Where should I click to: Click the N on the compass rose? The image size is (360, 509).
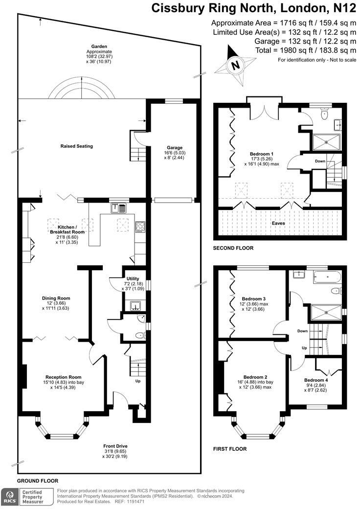pos(235,65)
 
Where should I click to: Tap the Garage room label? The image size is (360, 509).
pos(175,148)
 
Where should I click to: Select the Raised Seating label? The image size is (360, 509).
pos(76,146)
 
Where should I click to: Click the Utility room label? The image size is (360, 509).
pos(133,278)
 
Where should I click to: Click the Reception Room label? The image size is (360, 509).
pos(63,377)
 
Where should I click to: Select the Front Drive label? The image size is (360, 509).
pos(115,446)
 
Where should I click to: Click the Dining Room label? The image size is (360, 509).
pos(56,298)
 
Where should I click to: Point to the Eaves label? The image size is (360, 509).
pos(278,223)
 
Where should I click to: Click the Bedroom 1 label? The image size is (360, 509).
pos(262,154)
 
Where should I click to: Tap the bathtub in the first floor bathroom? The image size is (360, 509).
pos(327,277)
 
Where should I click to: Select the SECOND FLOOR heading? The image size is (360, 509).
pos(233,248)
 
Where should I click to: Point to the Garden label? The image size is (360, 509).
pos(99,46)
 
